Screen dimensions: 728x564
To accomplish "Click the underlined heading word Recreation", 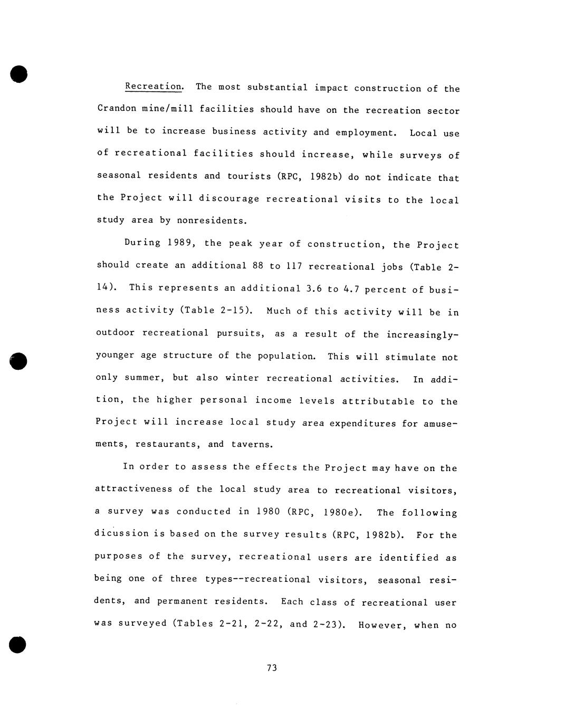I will click(154, 87).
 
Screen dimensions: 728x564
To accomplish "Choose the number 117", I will click(293, 265).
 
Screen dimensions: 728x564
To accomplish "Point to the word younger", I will click(115, 355).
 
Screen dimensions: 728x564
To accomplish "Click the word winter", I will click(242, 378).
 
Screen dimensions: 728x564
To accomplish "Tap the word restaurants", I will click(167, 444).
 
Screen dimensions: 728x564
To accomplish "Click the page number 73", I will click(272, 668).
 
